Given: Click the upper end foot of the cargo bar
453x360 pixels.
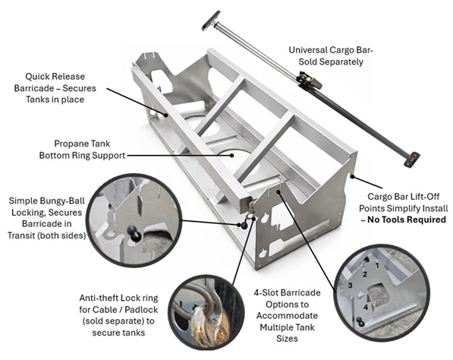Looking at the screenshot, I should (210, 19).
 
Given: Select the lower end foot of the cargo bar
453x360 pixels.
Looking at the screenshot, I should (411, 159).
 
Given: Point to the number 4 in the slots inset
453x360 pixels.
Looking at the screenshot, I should (366, 308).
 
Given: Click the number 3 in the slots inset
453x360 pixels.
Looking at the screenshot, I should (351, 285).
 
